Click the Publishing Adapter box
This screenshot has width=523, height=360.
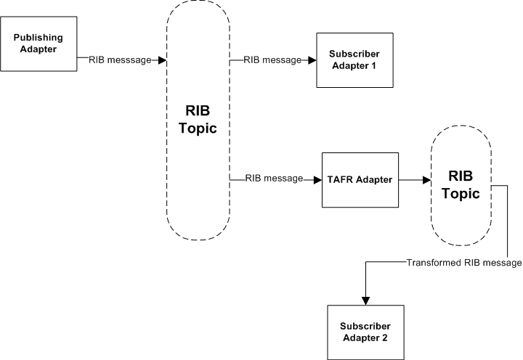click(x=38, y=44)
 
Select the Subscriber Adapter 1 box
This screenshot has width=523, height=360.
click(x=355, y=60)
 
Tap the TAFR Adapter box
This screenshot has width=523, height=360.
click(x=360, y=180)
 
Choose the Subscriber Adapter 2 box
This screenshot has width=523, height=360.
click(x=365, y=332)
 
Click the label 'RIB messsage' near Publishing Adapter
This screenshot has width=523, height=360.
click(x=120, y=60)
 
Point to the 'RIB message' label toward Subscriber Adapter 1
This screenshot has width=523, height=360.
click(x=272, y=60)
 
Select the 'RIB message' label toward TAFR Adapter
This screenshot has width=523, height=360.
click(x=274, y=179)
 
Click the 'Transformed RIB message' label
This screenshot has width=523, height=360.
click(x=464, y=263)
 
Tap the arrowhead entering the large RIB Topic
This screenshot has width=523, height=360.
click(x=163, y=60)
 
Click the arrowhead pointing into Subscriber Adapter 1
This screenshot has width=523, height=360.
click(x=312, y=60)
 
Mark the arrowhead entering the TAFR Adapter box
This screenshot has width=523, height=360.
click(x=318, y=180)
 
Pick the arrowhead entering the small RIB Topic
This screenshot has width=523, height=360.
click(x=427, y=180)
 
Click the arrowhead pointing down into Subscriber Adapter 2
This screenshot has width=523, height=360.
click(x=366, y=300)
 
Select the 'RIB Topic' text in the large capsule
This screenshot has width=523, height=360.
click(x=198, y=120)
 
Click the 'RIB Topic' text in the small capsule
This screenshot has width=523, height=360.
click(x=461, y=185)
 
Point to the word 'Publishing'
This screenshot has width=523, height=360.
click(x=38, y=38)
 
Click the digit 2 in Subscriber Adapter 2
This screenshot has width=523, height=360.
click(x=384, y=338)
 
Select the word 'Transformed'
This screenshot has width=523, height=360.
click(x=434, y=263)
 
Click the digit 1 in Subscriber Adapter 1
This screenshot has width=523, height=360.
click(x=373, y=65)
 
